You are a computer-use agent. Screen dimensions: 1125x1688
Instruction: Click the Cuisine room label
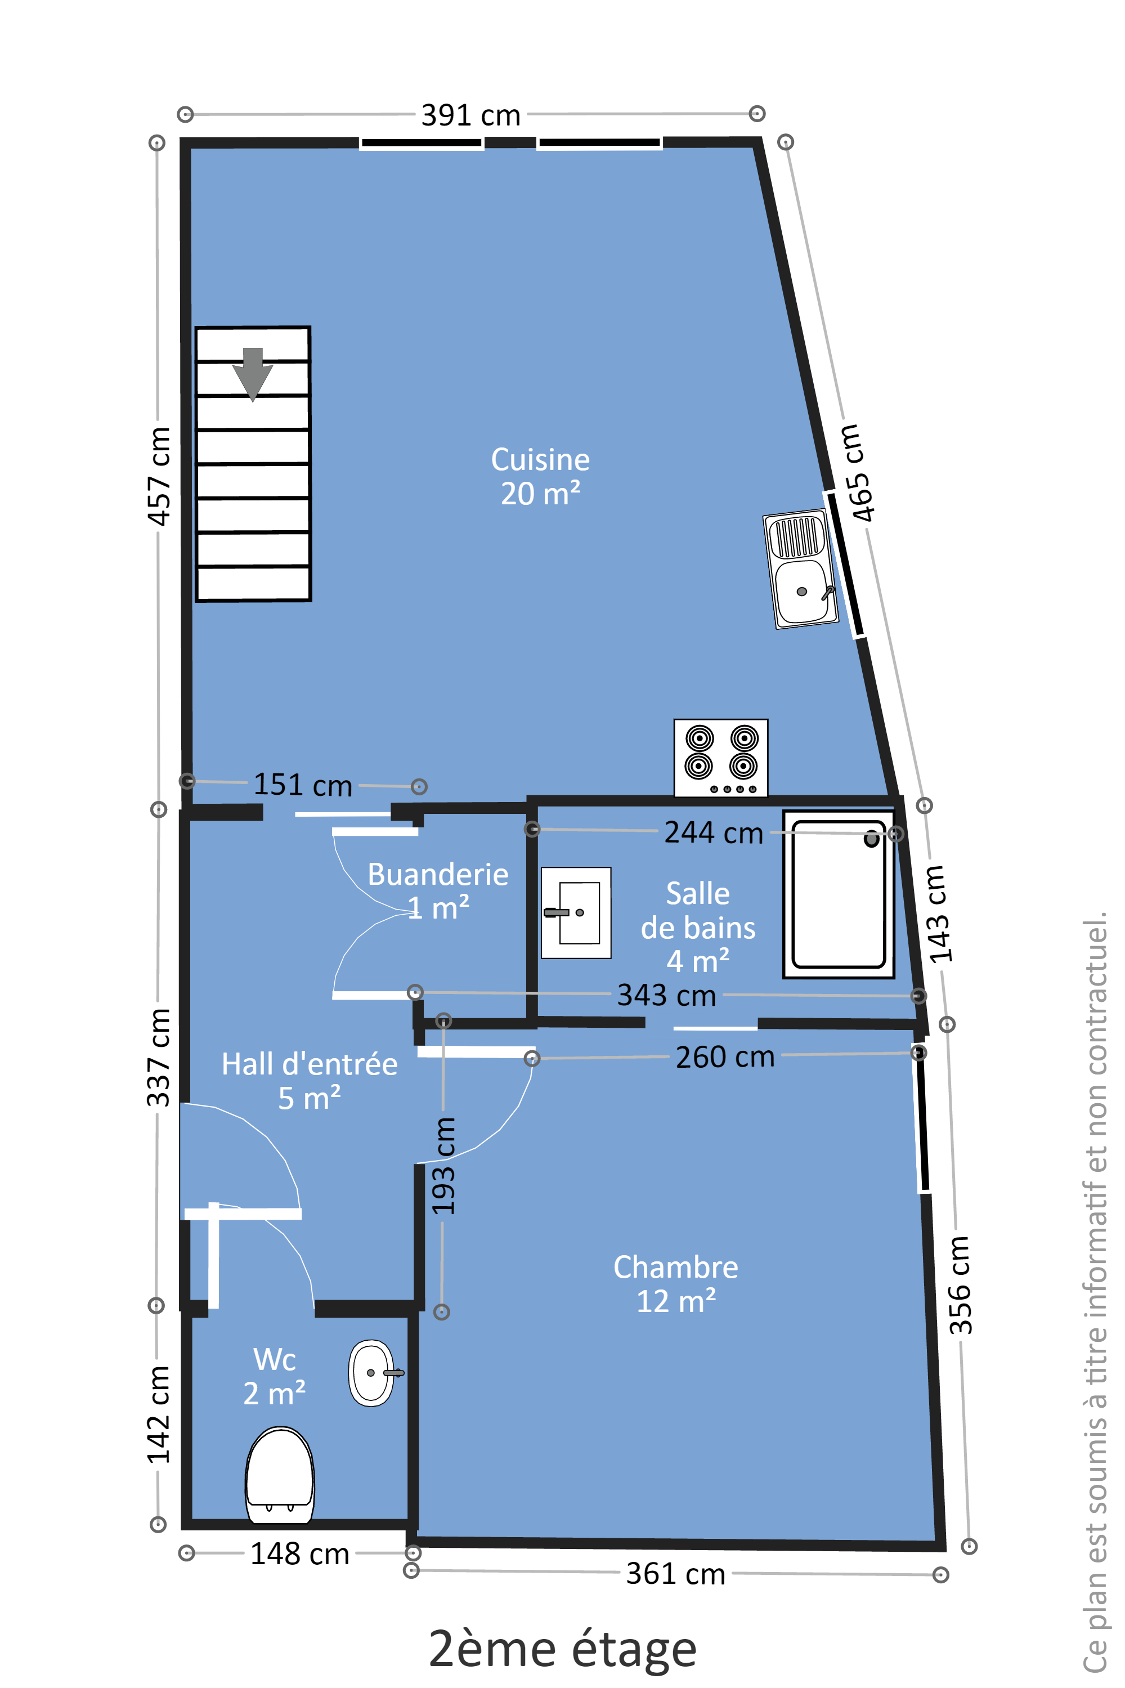pyautogui.click(x=540, y=476)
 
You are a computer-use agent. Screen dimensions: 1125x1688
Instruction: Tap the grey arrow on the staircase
pyautogui.click(x=253, y=374)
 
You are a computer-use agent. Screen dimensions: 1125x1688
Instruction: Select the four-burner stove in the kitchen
pyautogui.click(x=720, y=758)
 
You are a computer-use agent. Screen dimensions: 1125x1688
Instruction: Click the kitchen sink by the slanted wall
pyautogui.click(x=801, y=569)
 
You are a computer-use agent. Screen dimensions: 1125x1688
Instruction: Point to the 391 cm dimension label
pyautogui.click(x=470, y=115)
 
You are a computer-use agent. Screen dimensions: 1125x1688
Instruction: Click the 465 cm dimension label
pyautogui.click(x=858, y=473)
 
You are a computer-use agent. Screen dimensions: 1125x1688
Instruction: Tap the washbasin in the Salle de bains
pyautogui.click(x=575, y=912)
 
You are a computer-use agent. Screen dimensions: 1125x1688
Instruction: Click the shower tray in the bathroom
pyautogui.click(x=838, y=894)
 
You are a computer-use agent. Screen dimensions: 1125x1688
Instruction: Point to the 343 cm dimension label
pyautogui.click(x=666, y=996)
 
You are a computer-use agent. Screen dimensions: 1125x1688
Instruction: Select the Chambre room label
pyautogui.click(x=676, y=1284)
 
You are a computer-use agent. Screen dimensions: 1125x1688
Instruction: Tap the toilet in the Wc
pyautogui.click(x=280, y=1475)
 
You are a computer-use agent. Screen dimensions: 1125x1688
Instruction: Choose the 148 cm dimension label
pyautogui.click(x=299, y=1555)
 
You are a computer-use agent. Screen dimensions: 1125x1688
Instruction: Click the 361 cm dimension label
pyautogui.click(x=676, y=1574)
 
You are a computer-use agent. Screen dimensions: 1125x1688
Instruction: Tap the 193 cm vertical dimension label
pyautogui.click(x=443, y=1166)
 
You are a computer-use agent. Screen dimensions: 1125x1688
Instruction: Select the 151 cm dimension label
pyautogui.click(x=303, y=785)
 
